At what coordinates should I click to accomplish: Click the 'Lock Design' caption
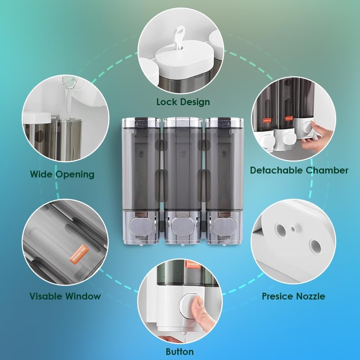(x=183, y=102)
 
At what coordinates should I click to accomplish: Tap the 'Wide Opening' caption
(x=62, y=175)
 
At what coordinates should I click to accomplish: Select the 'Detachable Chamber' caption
(x=299, y=170)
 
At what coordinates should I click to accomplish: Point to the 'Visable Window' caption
(x=65, y=296)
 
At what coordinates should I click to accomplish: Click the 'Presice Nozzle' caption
(x=293, y=296)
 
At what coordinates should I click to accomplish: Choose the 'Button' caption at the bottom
(x=180, y=351)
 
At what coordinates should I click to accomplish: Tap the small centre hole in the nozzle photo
(x=296, y=227)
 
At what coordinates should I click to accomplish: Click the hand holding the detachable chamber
(x=313, y=139)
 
